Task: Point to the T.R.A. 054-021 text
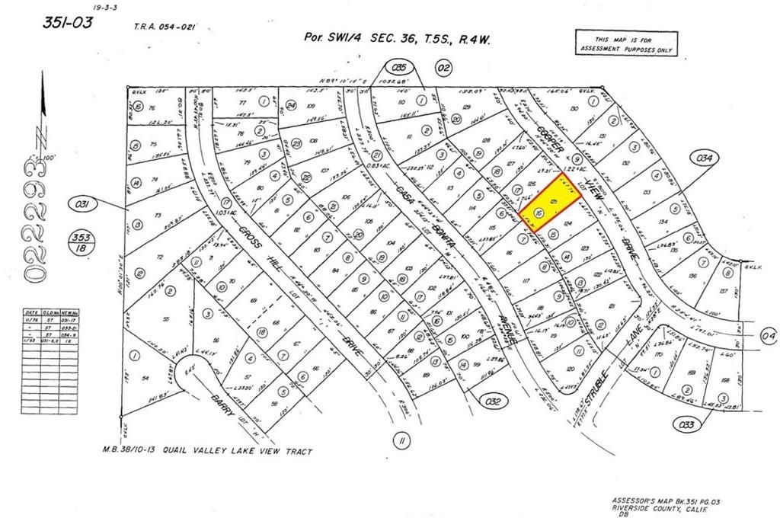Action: click(164, 26)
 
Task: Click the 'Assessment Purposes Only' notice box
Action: click(622, 43)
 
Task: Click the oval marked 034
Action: click(705, 158)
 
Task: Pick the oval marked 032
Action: click(494, 398)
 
